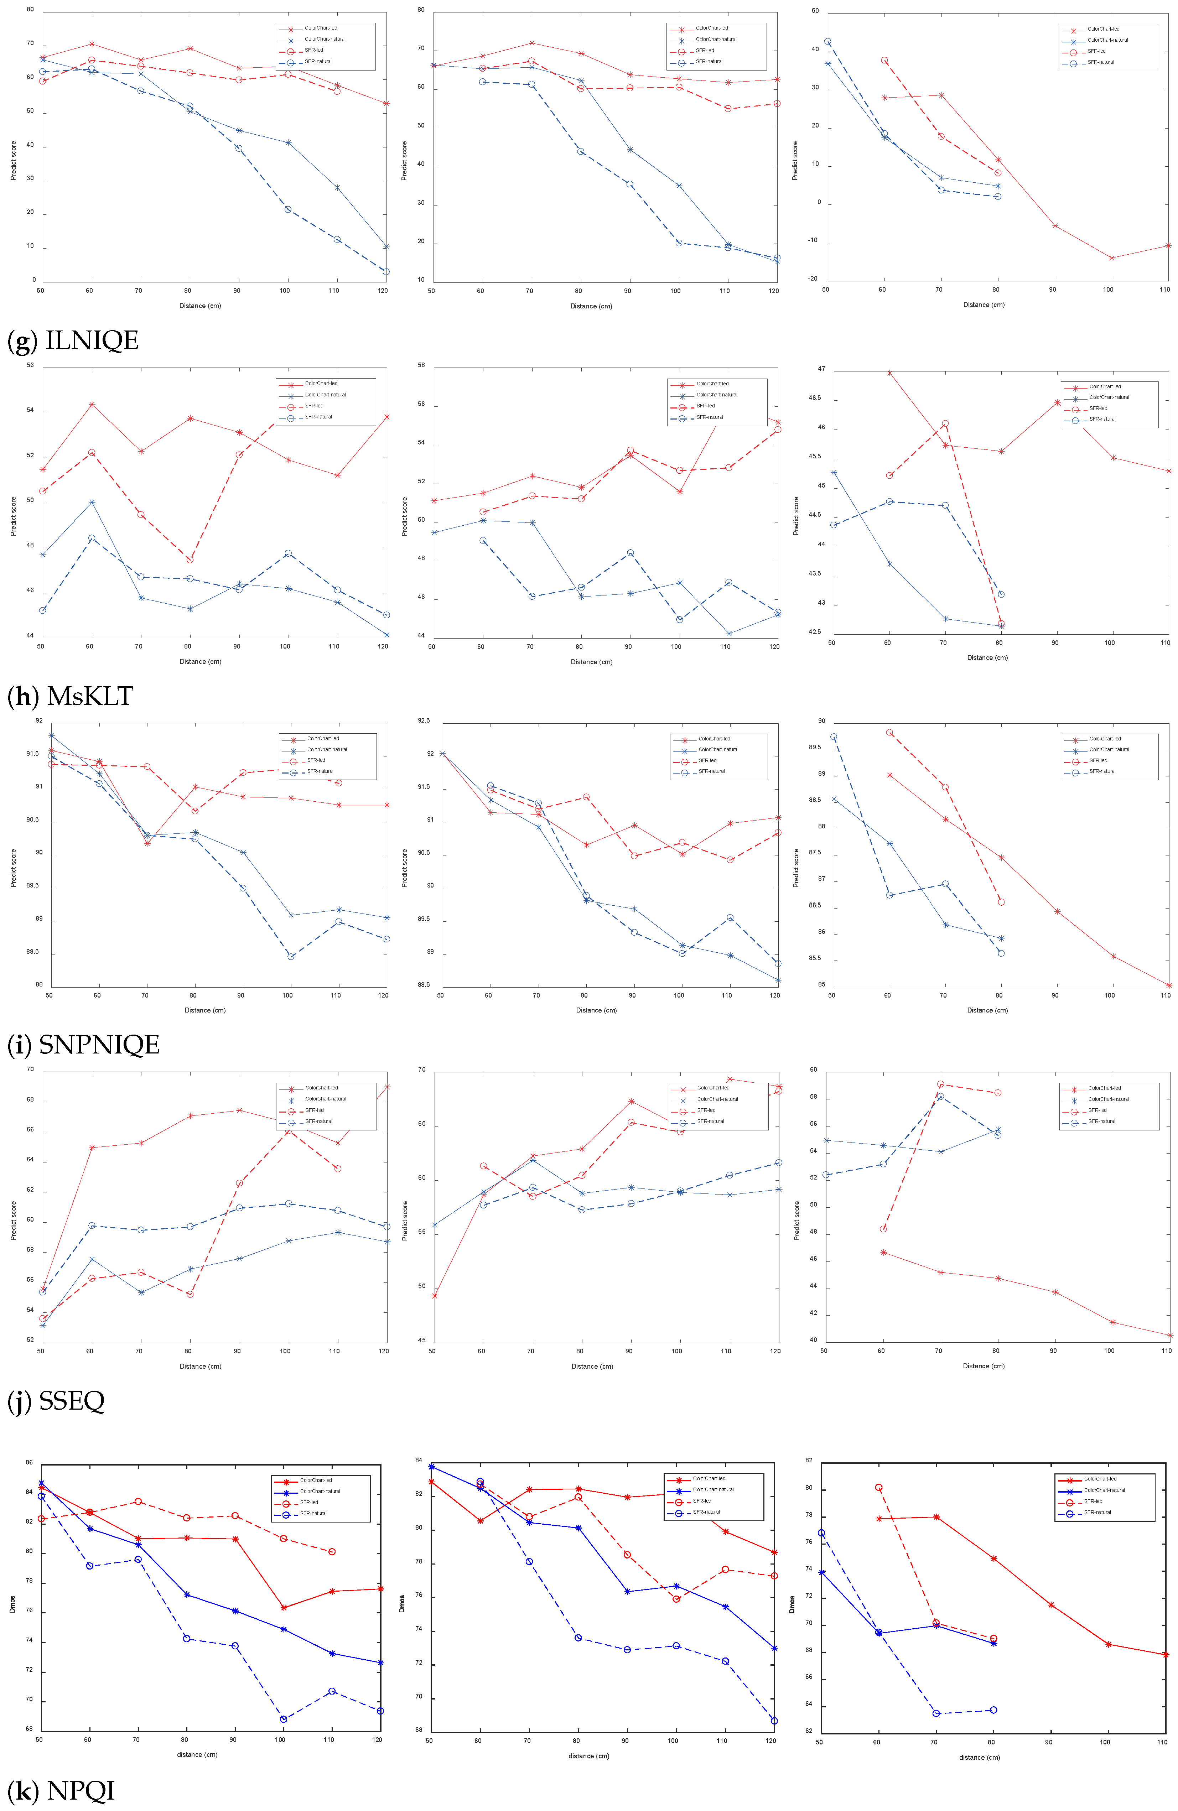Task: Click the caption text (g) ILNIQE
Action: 73,340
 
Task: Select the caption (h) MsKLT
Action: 70,696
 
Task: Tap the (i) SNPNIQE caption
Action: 84,1045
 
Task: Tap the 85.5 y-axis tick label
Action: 815,959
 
